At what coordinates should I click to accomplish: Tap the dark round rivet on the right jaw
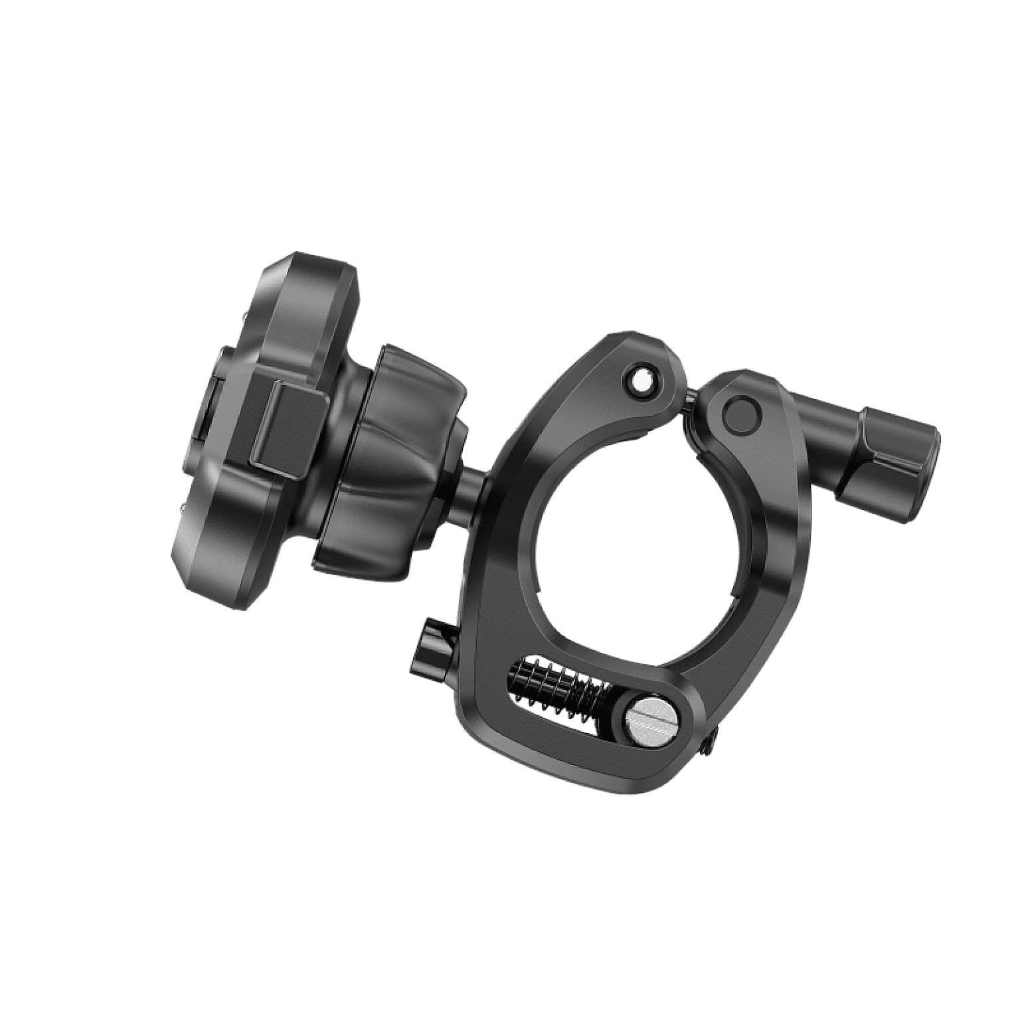coord(742,415)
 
